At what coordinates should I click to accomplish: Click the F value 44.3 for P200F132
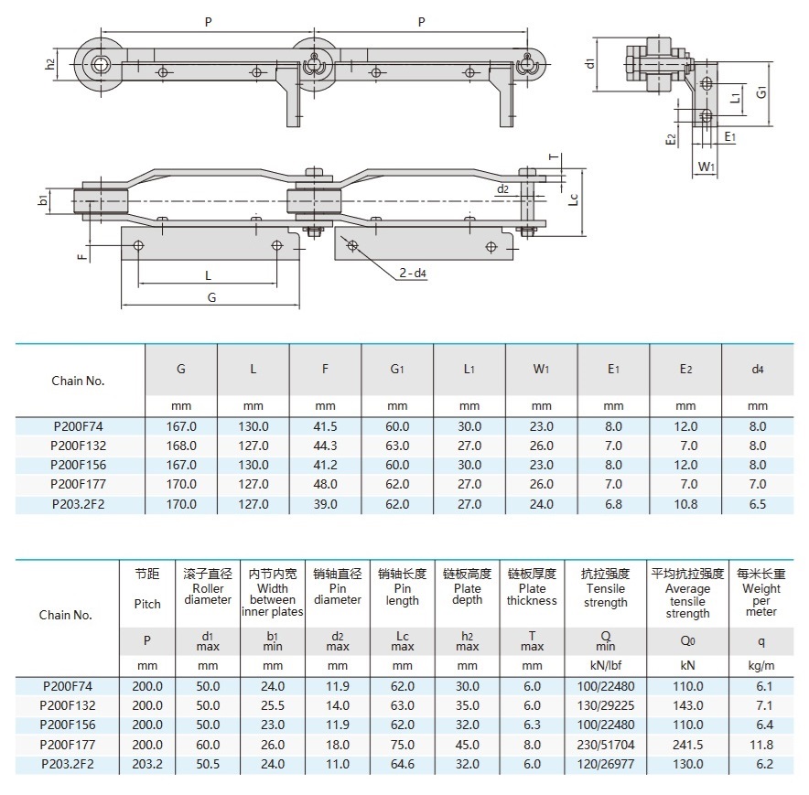[x=325, y=446]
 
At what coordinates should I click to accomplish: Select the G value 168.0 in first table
[x=181, y=446]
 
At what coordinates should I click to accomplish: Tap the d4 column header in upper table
[x=757, y=370]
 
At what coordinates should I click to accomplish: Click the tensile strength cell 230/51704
[x=606, y=744]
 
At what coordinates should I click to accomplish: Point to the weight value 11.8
[x=760, y=744]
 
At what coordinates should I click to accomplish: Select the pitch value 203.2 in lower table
[x=147, y=763]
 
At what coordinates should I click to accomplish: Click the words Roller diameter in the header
[x=208, y=595]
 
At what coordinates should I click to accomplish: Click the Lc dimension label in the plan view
[x=574, y=199]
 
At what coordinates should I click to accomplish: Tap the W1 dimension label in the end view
[x=706, y=167]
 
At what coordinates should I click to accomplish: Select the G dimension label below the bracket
[x=212, y=297]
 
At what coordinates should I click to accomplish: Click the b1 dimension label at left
[x=43, y=200]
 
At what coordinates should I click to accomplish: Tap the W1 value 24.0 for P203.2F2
[x=542, y=503]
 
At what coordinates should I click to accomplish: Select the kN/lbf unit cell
[x=606, y=665]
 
